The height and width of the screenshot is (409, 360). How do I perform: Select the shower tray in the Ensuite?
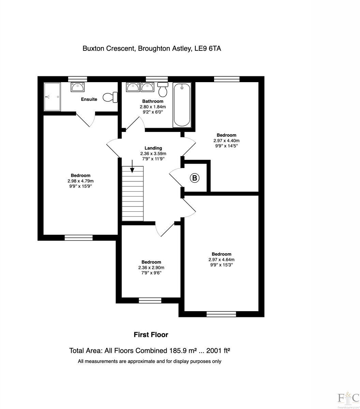click(52, 96)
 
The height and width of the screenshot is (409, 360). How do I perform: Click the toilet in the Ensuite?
click(110, 97)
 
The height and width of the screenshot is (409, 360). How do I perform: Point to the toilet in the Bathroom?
click(163, 89)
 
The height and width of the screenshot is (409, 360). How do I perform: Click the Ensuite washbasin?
click(78, 87)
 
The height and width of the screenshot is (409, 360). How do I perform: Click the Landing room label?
click(153, 148)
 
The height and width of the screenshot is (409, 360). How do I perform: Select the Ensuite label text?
click(89, 99)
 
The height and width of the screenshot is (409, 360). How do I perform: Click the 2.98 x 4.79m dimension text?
click(80, 181)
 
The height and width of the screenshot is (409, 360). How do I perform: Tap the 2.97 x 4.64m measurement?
click(221, 259)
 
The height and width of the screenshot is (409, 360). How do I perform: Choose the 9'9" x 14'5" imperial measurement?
click(225, 146)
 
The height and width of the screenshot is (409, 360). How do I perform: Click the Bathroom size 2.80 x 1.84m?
click(152, 107)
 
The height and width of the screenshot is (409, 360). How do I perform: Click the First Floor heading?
click(151, 335)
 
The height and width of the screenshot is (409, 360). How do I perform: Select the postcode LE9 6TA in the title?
click(208, 48)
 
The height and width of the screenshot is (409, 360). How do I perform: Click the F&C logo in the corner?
click(348, 398)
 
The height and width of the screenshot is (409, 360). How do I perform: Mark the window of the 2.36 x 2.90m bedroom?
click(150, 300)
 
